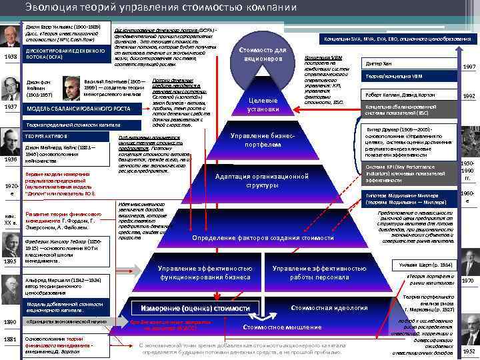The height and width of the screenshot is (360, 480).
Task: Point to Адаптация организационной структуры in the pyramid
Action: [262, 181]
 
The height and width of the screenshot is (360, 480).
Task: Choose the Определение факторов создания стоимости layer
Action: [263, 238]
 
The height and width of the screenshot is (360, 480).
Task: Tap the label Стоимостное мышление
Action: [271, 328]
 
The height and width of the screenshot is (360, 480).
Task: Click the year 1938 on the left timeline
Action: [11, 57]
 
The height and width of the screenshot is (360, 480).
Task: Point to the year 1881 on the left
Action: [11, 339]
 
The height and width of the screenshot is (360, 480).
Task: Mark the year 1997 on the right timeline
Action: [469, 67]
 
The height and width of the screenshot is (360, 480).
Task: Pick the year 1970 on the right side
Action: [469, 281]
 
